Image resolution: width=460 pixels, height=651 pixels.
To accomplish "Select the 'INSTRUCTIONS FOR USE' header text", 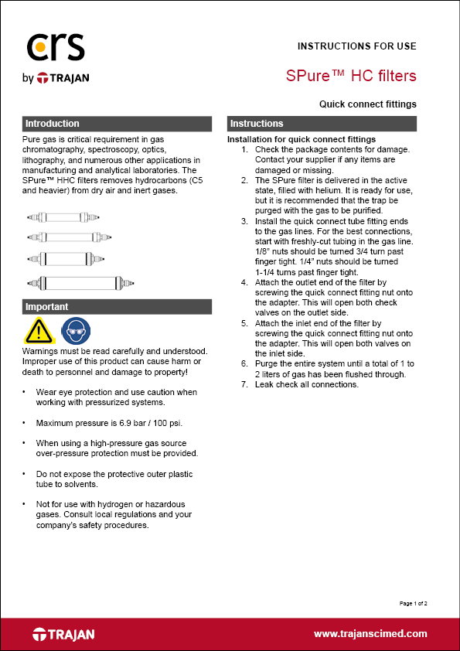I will (x=356, y=46).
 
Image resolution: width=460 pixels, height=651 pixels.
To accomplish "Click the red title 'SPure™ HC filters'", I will (x=351, y=76).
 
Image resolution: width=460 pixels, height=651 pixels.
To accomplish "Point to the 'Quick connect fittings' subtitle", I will (x=367, y=104).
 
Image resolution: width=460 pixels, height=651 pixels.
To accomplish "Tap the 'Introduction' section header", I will (x=53, y=124).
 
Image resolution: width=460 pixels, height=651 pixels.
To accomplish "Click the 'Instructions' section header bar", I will (x=322, y=124).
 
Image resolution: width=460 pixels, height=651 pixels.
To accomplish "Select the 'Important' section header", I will (x=47, y=307).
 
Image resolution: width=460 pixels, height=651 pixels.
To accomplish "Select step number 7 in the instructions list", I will (x=244, y=384).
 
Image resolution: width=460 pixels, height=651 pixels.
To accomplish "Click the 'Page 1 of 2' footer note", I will (x=413, y=602).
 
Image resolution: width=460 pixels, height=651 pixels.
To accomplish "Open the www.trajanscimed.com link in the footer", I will (x=370, y=634).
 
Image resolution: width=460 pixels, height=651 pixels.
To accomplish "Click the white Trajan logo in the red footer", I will (x=63, y=635).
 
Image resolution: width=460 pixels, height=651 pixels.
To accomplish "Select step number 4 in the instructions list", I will (x=244, y=284).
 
